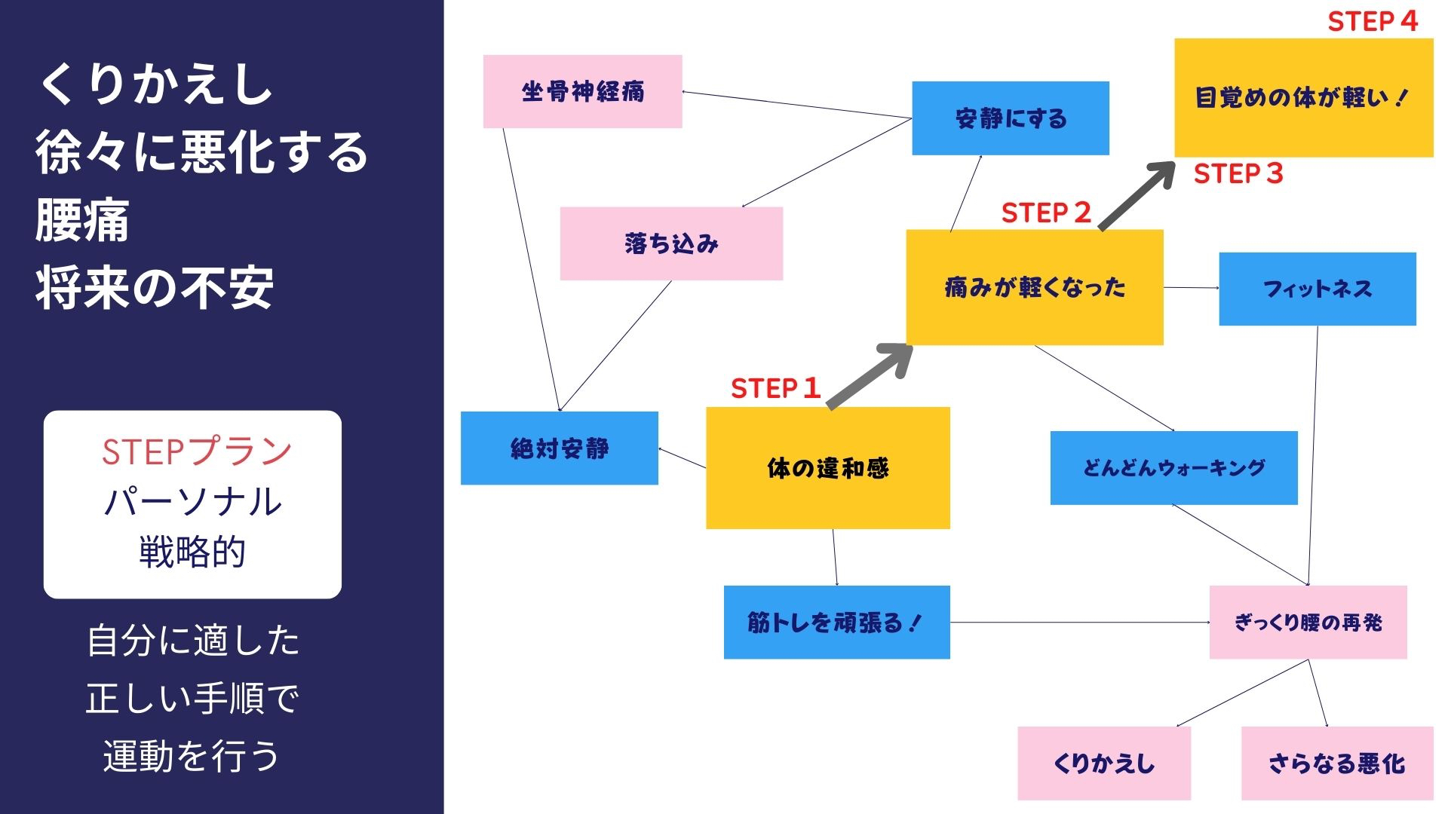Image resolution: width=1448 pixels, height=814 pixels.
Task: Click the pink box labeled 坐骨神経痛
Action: (582, 91)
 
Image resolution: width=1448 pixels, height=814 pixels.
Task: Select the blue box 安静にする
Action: (1010, 118)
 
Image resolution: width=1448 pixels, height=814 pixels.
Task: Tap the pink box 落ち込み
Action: (671, 243)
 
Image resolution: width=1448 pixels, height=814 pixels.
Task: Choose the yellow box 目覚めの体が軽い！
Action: (1303, 98)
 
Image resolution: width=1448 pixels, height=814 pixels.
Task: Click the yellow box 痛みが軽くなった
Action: (1034, 287)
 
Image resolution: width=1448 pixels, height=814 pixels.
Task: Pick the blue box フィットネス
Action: (1317, 289)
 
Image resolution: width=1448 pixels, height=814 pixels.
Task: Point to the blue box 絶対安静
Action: (559, 448)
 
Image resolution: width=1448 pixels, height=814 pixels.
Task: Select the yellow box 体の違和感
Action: (827, 468)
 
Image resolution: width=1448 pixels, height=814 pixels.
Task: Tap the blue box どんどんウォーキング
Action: (1173, 467)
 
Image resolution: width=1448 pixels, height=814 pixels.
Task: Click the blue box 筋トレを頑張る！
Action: (836, 622)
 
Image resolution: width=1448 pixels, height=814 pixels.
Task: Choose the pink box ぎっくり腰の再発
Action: (1308, 622)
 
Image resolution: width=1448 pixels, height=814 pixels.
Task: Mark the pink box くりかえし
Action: (1103, 763)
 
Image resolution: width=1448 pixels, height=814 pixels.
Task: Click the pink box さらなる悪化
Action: (1336, 763)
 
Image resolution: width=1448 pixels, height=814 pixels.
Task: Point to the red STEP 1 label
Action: (775, 388)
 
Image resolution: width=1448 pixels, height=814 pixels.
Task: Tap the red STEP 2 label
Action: (1046, 213)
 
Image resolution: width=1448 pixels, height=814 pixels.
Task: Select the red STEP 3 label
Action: (1238, 173)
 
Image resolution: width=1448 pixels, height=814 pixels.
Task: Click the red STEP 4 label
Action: (1373, 21)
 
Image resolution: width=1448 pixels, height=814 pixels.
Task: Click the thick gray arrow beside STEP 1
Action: (870, 376)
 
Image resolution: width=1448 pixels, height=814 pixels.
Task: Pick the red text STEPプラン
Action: (196, 451)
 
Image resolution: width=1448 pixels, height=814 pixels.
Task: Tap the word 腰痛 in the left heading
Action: (82, 221)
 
